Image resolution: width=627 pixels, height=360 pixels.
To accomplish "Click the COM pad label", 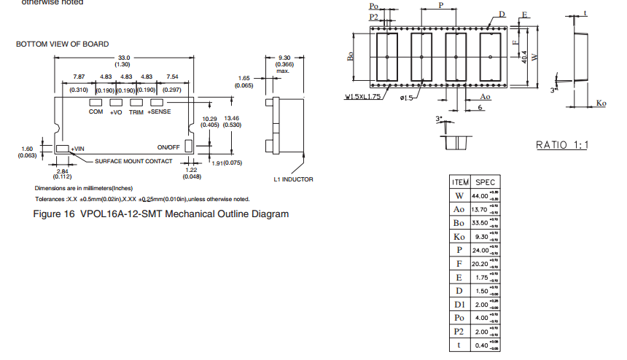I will click(96, 112).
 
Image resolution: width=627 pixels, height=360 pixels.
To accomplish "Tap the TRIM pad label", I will click(136, 112).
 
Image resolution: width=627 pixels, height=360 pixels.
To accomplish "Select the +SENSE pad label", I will click(160, 112).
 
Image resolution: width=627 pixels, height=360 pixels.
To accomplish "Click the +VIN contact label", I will click(77, 149).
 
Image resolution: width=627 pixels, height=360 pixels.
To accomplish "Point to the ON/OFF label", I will click(168, 146).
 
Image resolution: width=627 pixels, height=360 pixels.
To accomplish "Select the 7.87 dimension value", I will click(79, 77).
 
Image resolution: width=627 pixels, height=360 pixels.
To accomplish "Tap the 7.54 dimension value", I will click(172, 77).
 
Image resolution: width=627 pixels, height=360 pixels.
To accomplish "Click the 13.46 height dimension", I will click(232, 117).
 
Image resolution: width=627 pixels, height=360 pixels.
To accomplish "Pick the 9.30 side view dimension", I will click(284, 57).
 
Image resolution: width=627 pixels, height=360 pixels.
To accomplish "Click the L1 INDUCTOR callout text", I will click(293, 179).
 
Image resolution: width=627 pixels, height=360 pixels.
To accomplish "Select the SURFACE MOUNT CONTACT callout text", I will click(134, 161).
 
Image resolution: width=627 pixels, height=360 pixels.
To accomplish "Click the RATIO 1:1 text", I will click(562, 145).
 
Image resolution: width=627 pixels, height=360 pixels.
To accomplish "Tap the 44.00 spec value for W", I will click(480, 196).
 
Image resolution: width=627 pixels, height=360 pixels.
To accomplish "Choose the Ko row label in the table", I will click(459, 236).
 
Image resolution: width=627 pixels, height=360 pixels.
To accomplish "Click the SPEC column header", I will click(484, 182).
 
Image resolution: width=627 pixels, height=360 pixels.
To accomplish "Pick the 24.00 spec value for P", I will click(480, 250).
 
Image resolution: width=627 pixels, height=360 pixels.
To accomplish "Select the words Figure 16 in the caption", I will click(55, 214).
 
